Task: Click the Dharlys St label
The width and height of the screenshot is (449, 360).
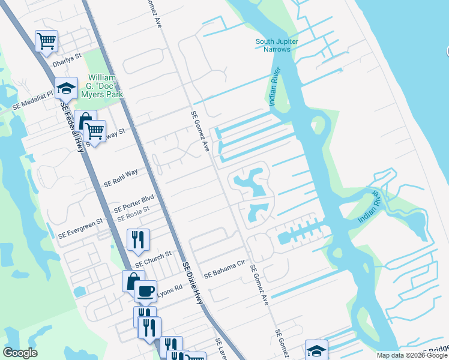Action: tap(67, 59)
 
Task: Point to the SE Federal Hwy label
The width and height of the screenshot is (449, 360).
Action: tap(71, 125)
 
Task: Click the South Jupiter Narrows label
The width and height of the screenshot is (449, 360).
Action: tap(277, 45)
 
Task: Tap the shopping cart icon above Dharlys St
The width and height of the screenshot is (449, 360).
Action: tap(46, 41)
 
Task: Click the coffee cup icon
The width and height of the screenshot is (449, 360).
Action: tap(145, 291)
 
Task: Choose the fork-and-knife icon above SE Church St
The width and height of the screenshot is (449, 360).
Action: tap(138, 239)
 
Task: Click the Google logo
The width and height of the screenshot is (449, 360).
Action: tap(20, 353)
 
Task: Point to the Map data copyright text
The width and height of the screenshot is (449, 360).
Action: tap(412, 355)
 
